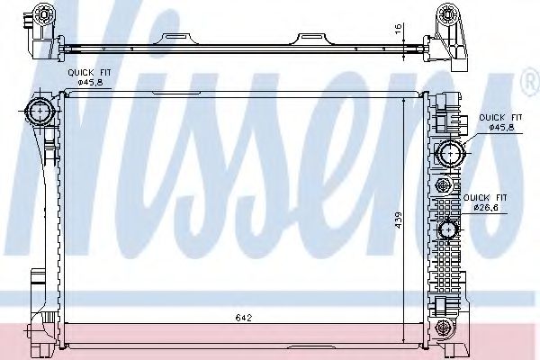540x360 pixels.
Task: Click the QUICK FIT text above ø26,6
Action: point(486,196)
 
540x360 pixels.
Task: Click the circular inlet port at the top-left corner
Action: point(39,112)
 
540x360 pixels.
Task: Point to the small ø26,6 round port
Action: point(447,229)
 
